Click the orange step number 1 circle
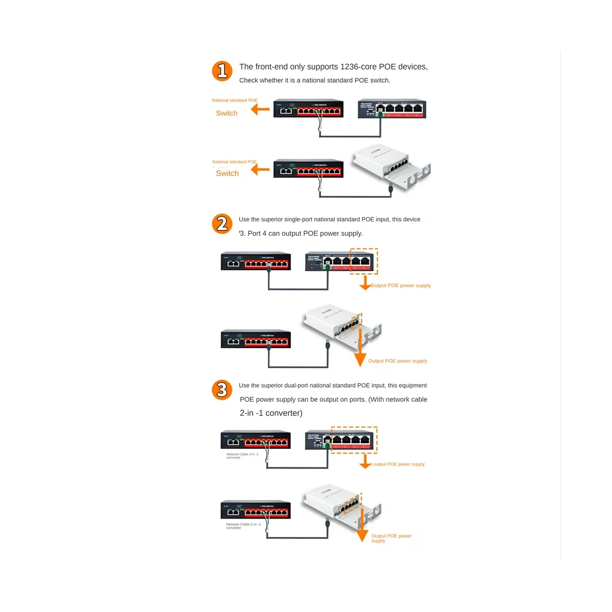tap(222, 71)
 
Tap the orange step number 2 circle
tap(222, 224)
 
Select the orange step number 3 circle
tap(222, 390)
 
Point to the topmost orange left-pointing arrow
tap(261, 109)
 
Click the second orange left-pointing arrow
tap(261, 170)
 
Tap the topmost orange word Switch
tap(226, 113)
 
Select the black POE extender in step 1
tap(392, 109)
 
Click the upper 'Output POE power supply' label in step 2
tap(401, 286)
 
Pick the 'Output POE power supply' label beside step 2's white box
tap(398, 361)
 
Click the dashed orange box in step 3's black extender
tap(354, 440)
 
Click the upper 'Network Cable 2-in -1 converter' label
tap(242, 456)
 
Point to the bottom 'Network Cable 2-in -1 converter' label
tap(243, 526)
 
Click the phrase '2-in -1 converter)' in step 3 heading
tap(271, 413)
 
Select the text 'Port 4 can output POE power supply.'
tap(305, 234)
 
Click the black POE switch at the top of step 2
tap(256, 262)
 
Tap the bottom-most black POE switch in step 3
tap(256, 510)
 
